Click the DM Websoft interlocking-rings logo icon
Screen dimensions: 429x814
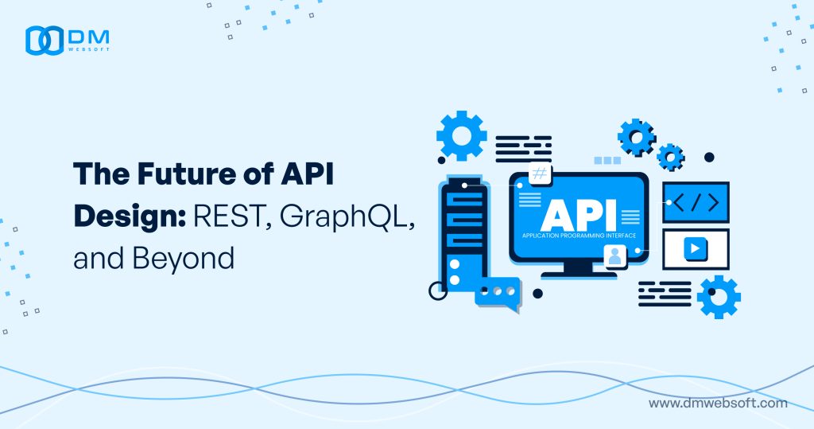tap(44, 40)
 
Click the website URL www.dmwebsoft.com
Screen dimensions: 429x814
tap(718, 403)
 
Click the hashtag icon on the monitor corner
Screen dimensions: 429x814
tap(540, 174)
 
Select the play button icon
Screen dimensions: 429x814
tap(695, 248)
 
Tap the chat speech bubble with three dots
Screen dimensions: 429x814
tap(498, 292)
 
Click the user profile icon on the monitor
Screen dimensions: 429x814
tap(614, 256)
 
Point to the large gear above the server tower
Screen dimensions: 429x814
tap(461, 136)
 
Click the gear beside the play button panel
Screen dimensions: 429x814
tap(718, 297)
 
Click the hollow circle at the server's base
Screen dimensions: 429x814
tap(438, 291)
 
